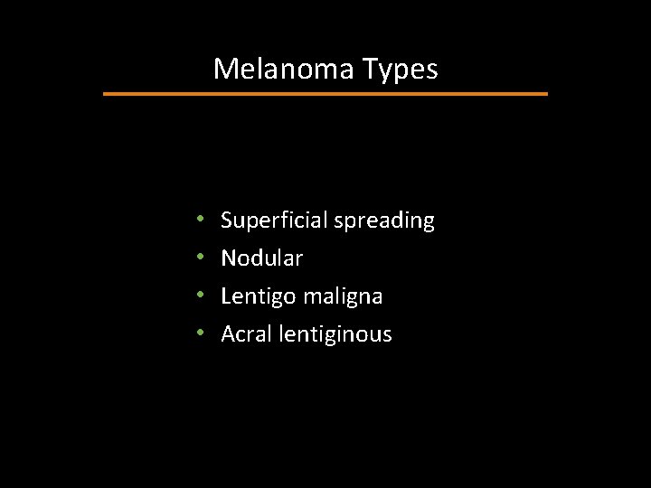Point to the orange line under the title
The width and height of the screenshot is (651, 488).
(x=325, y=93)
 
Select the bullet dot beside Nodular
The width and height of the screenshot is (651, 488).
(x=199, y=258)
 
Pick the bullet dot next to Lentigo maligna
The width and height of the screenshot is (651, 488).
(x=199, y=296)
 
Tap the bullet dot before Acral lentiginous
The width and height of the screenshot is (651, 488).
(x=199, y=334)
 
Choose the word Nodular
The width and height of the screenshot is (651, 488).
(x=262, y=258)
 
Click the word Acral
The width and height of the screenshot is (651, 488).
(x=243, y=334)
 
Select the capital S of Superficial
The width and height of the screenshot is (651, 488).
(x=227, y=221)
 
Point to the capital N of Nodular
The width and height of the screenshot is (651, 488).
(x=229, y=258)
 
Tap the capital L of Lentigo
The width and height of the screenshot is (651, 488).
(x=226, y=296)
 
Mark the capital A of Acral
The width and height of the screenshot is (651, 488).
(x=229, y=334)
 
